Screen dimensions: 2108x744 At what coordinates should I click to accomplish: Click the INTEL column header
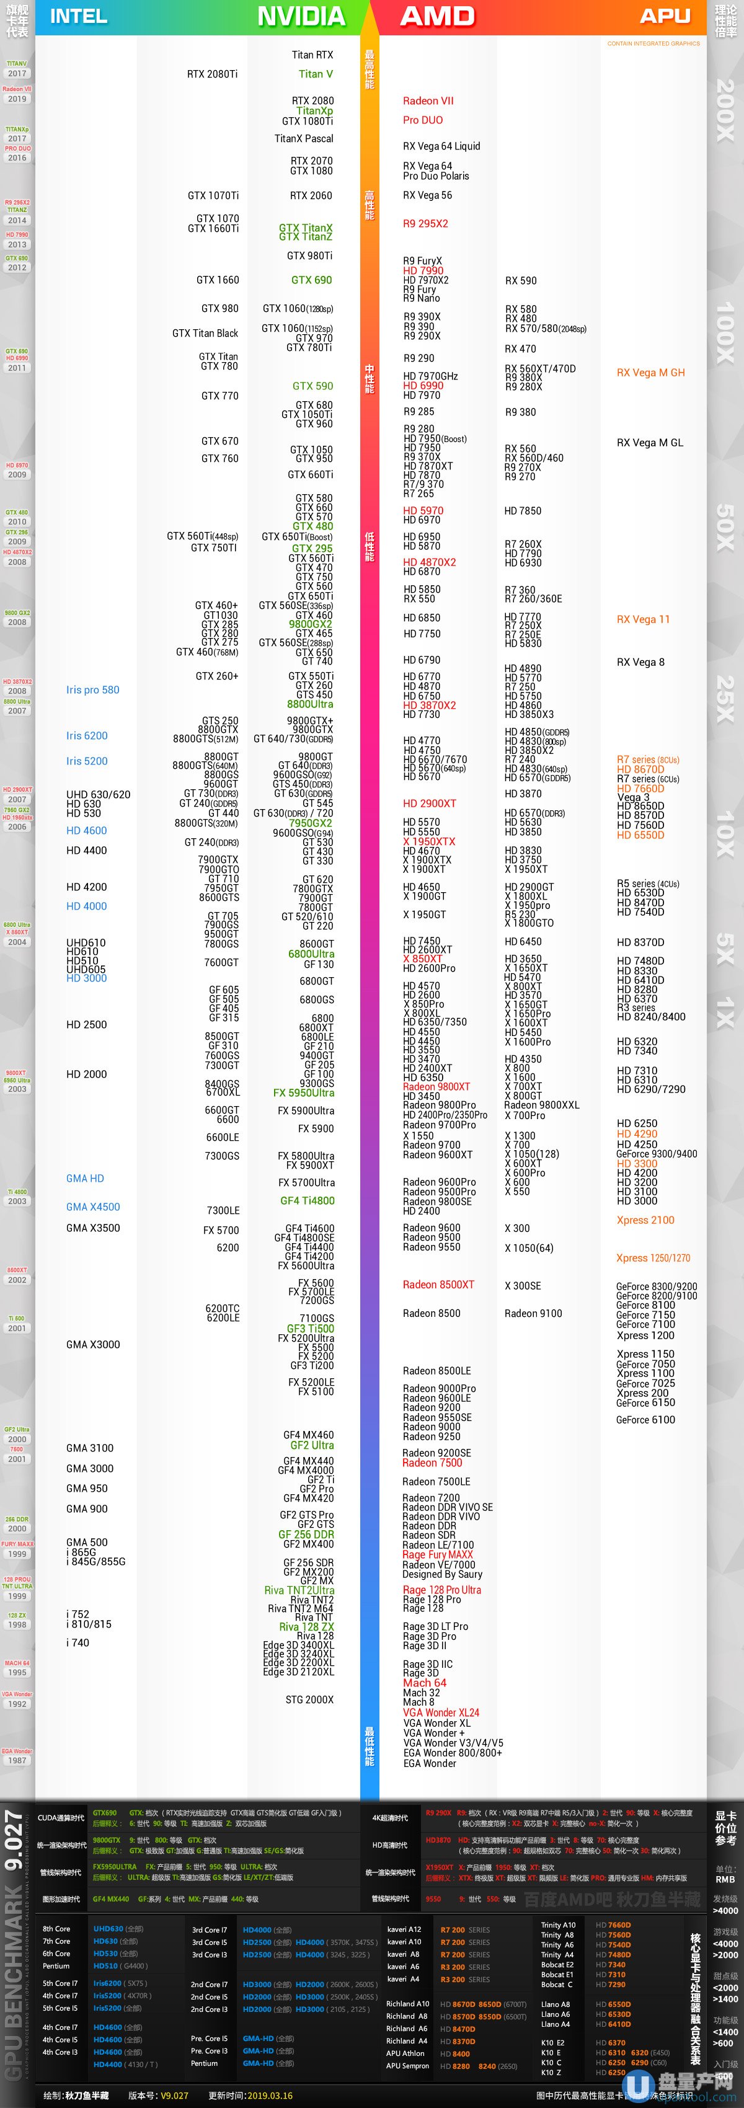coord(79,16)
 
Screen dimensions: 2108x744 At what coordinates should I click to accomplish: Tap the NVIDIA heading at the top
coord(301,16)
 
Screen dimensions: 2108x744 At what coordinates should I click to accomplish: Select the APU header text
coord(665,16)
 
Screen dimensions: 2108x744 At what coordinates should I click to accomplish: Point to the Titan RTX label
coord(312,55)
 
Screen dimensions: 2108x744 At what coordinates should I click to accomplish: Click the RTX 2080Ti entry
coord(212,74)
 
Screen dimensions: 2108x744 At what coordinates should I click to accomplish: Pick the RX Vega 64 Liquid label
coord(441,146)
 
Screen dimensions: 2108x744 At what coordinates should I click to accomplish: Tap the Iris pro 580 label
coord(92,690)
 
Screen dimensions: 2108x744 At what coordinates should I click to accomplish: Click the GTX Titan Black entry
coord(205,333)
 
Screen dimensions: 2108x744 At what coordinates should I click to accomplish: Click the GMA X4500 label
coord(92,1207)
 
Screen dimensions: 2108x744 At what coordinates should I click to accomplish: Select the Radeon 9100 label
coord(533,1313)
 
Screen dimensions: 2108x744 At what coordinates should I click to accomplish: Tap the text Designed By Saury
coord(442,1574)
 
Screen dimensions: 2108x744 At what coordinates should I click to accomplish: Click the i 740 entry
coord(77,1642)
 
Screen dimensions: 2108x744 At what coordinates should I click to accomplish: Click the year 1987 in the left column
coord(17,1760)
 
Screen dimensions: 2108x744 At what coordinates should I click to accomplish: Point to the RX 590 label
coord(521,281)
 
